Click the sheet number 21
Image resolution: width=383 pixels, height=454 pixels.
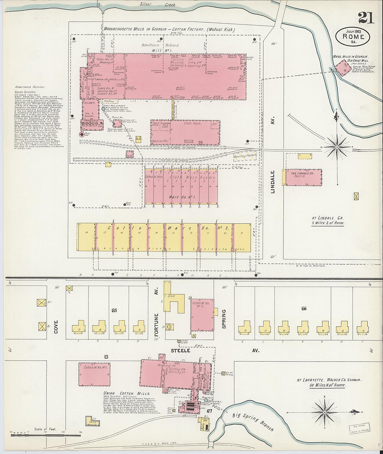click(x=366, y=19)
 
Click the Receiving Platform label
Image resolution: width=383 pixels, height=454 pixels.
click(x=245, y=156)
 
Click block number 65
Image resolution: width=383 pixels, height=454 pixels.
click(x=114, y=310)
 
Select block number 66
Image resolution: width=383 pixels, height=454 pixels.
click(x=304, y=309)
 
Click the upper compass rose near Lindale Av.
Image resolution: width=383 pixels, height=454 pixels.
click(x=337, y=147)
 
